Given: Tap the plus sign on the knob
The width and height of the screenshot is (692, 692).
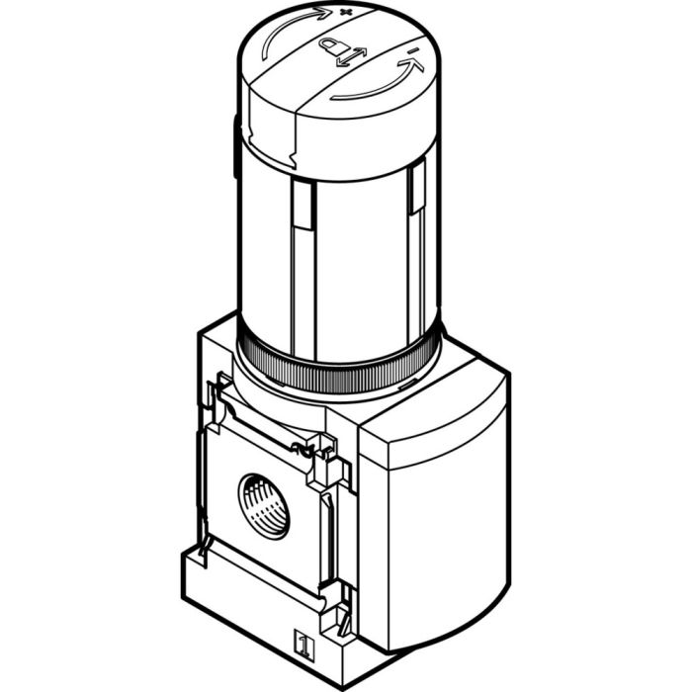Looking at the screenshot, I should click(x=346, y=12).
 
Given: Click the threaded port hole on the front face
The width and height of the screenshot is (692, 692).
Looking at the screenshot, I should click(x=264, y=503).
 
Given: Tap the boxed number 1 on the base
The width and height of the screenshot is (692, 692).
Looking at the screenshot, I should click(x=304, y=649).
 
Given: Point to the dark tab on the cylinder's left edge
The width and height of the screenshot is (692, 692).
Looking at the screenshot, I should click(x=236, y=148).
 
